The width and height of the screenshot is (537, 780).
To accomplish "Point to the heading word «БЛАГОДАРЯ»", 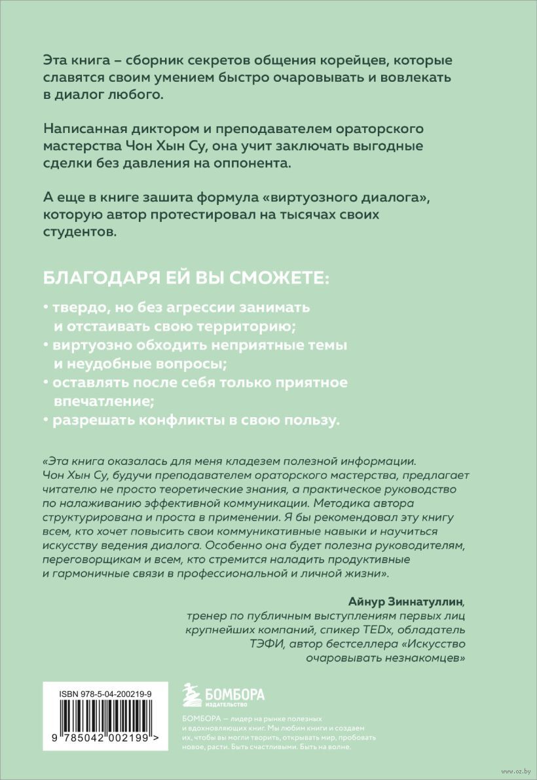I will coord(94,277).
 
